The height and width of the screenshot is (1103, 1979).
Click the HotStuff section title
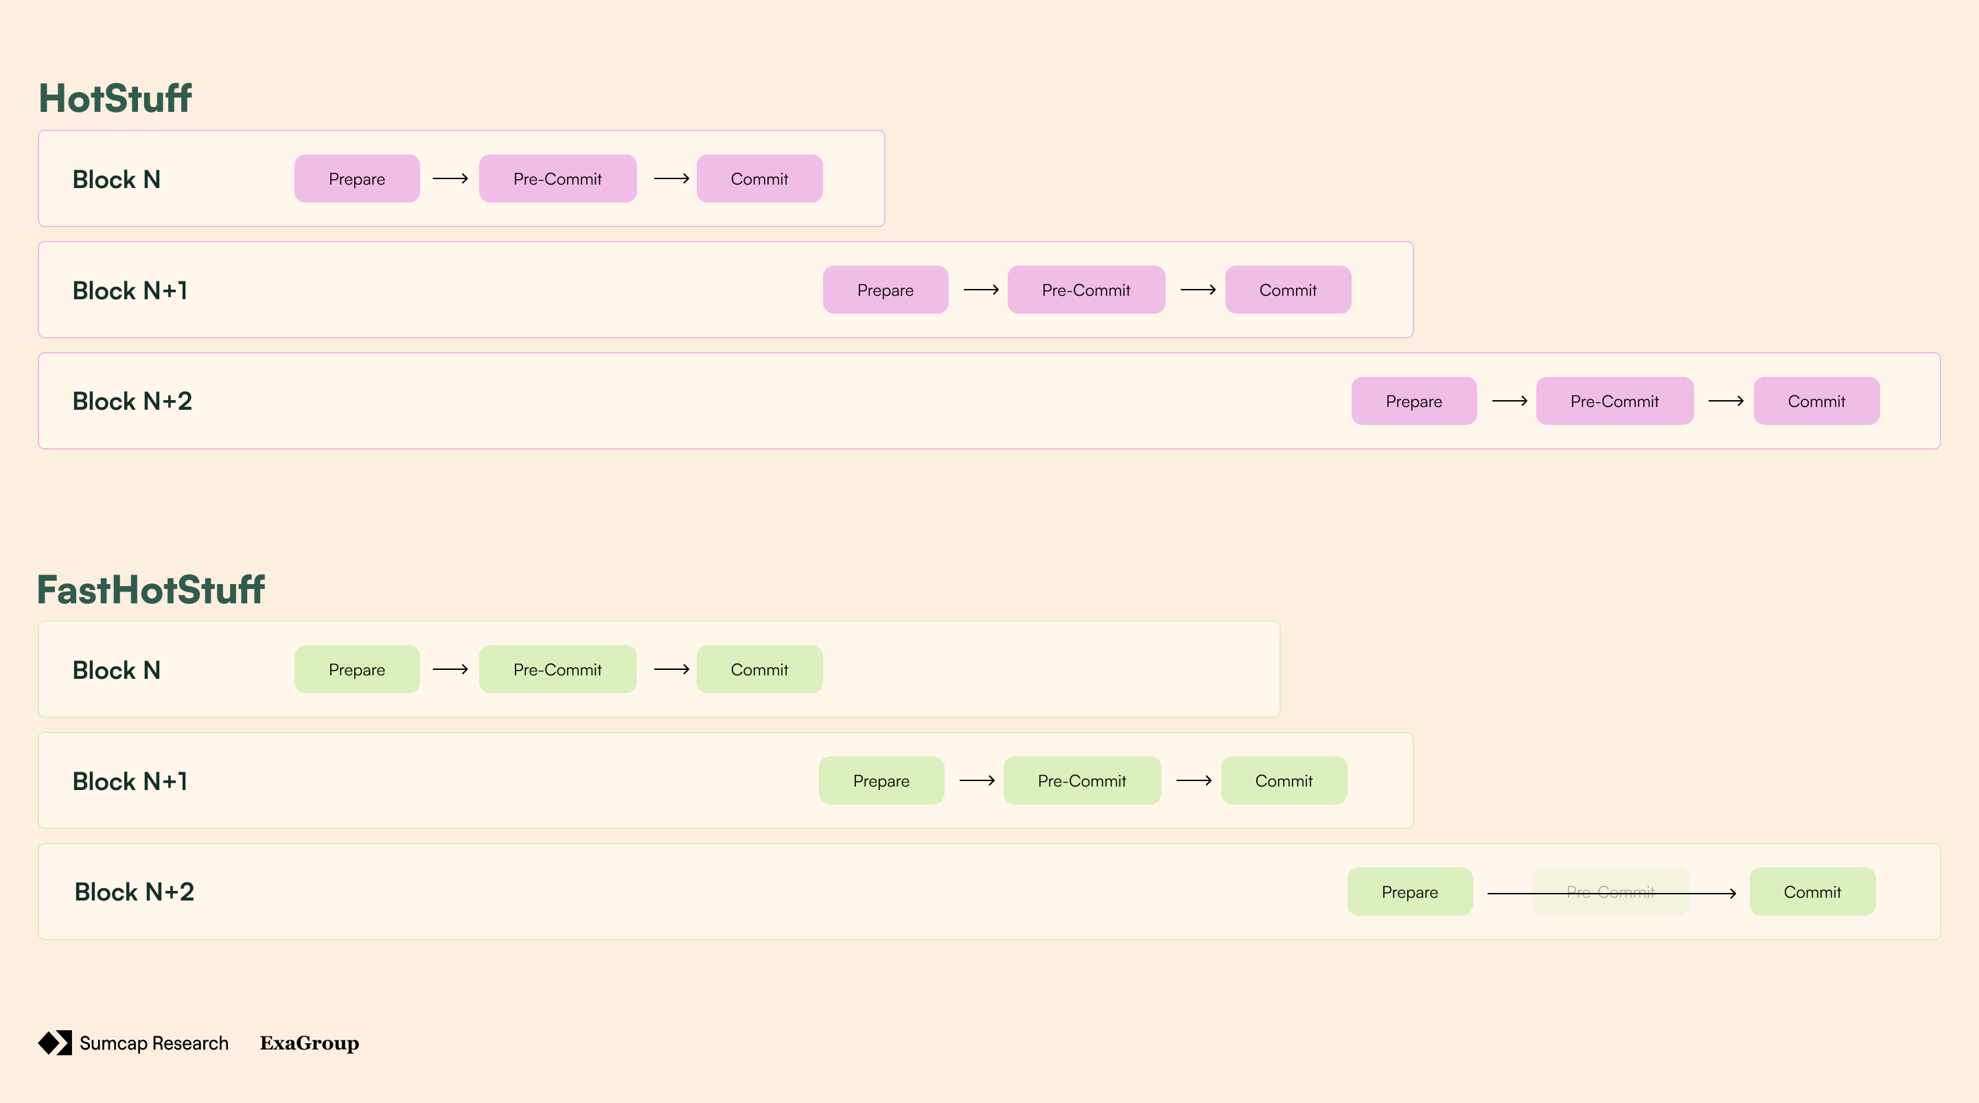coord(115,98)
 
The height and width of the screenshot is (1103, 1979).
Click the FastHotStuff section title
coord(150,590)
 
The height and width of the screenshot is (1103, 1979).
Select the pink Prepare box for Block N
coord(356,179)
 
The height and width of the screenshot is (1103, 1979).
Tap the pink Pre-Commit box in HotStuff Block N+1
coord(1085,290)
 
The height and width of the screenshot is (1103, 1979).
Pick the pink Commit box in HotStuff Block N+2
coord(1816,401)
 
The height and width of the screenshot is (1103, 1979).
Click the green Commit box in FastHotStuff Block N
coord(759,670)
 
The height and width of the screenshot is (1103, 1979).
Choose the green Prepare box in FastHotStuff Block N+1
coord(881,781)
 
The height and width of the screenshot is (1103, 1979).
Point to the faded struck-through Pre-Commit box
coord(1610,892)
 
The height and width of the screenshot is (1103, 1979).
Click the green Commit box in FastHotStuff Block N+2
coord(1812,892)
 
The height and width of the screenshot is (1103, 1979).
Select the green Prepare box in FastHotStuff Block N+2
coord(1410,892)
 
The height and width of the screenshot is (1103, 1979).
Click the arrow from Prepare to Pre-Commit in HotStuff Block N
coord(450,179)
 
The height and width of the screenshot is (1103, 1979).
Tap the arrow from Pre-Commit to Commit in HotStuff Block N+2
coord(1726,401)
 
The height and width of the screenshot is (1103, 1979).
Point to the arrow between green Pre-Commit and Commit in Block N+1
coord(1194,781)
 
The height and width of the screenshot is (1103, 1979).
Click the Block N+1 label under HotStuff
coord(130,290)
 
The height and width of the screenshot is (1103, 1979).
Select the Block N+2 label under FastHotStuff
coord(135,892)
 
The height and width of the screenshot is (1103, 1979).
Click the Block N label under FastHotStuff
coord(117,670)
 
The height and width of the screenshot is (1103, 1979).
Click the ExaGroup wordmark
coord(310,1043)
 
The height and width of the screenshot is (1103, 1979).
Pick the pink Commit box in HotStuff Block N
coord(759,179)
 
